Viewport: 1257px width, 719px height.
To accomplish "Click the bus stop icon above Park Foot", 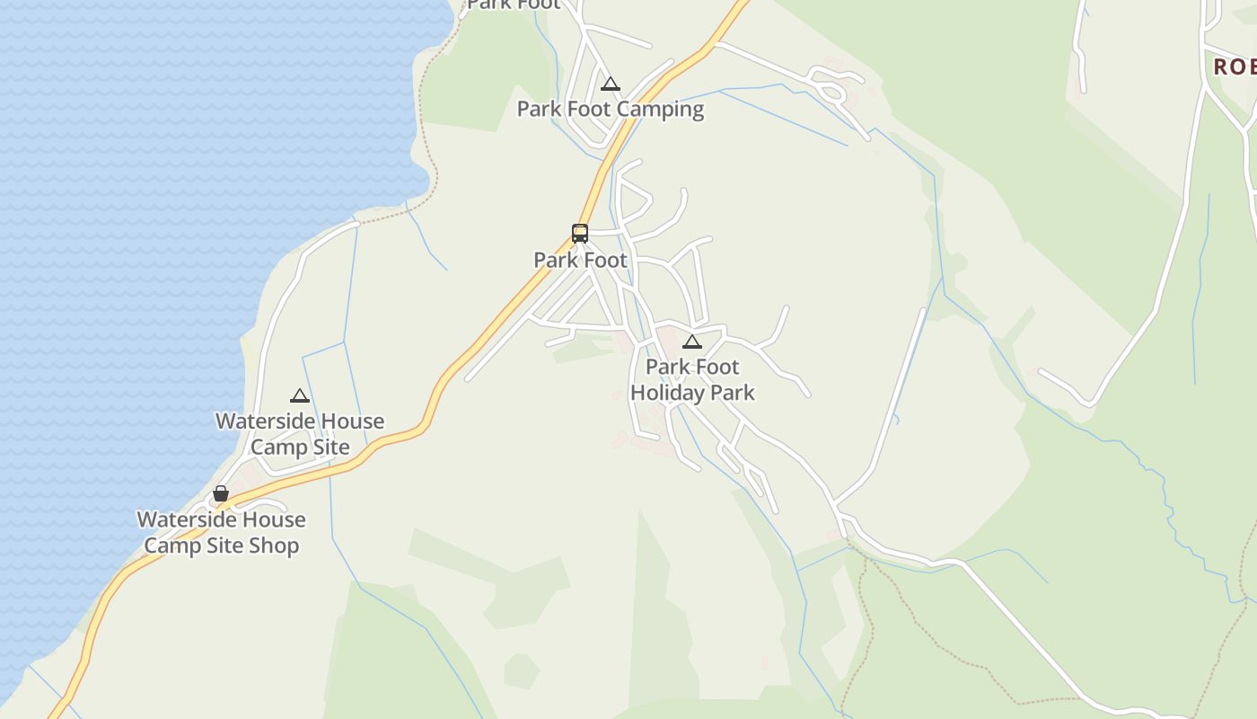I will [x=580, y=234].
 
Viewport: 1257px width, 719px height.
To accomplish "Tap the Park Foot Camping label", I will [x=611, y=110].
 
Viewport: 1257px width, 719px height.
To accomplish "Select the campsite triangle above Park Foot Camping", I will [x=611, y=84].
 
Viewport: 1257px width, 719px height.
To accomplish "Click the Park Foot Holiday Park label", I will [x=692, y=380].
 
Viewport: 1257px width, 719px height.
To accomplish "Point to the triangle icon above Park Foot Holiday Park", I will [x=691, y=342].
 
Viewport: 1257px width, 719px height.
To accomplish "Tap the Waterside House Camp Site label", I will [x=300, y=434].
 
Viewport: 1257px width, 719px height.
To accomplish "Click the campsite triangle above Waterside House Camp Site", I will [x=300, y=395].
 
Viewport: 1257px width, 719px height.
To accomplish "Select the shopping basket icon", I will [x=221, y=493].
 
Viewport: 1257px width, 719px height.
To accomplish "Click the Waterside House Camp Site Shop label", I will [x=222, y=533].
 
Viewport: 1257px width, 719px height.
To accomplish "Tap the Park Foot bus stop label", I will [x=580, y=261].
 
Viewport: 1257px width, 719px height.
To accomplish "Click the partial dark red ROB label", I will [x=1235, y=67].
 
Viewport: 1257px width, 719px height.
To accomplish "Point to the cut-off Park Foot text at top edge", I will [x=514, y=4].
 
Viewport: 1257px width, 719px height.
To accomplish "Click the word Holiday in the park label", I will [x=668, y=393].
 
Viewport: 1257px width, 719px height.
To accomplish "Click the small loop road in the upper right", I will [x=831, y=88].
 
